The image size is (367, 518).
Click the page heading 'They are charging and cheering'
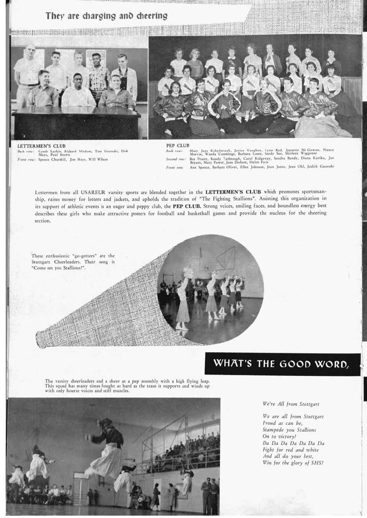coord(107,16)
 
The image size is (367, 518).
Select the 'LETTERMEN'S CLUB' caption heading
coord(41,146)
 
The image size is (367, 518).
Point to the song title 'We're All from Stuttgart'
coord(291,404)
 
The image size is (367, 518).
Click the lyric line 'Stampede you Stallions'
coord(289,430)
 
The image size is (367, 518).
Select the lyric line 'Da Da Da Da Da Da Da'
coord(293,443)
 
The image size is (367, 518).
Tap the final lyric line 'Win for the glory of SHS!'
coord(293,463)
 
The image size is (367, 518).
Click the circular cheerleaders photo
coord(210,289)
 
